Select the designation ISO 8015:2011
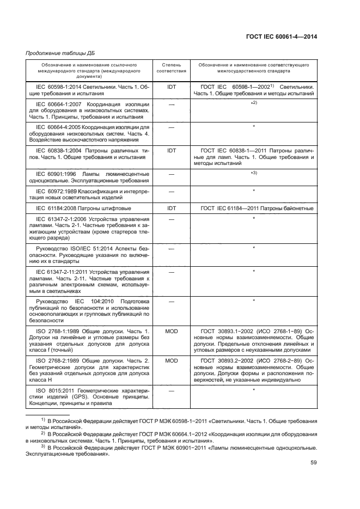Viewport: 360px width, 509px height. click(53, 390)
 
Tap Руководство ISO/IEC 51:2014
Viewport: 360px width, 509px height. click(71, 248)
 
